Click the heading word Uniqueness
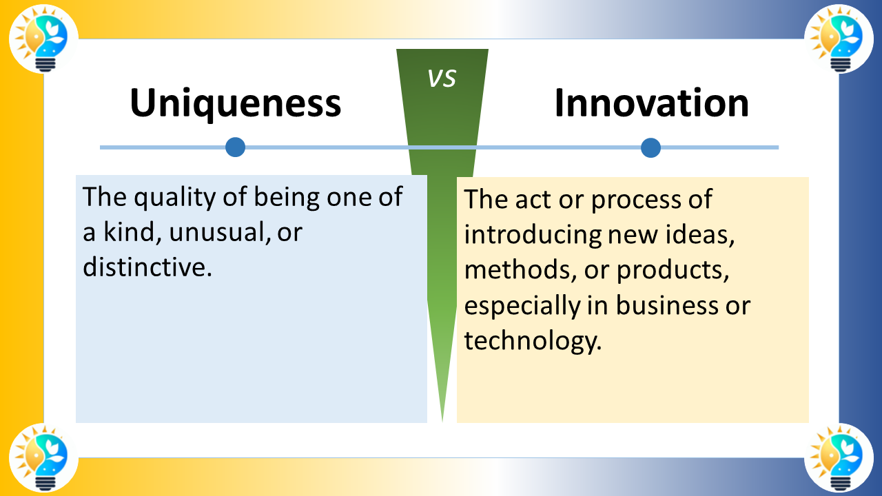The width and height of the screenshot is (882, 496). pos(235,103)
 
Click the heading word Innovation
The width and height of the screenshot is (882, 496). pos(651,103)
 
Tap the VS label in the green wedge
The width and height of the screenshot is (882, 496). pos(442,79)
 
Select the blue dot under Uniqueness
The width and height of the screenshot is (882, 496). pos(236,147)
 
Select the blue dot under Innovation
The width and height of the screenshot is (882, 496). pos(650,147)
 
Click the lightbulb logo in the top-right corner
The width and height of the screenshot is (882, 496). pos(839,39)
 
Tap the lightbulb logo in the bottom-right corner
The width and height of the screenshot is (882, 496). pos(839,457)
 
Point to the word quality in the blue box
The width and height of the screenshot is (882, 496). pos(176,198)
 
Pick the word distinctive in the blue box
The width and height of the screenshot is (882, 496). pos(145,267)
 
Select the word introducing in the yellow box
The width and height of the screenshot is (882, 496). pos(532,235)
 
